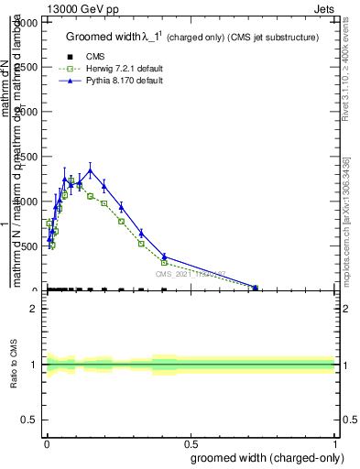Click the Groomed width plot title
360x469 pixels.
tap(191, 38)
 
